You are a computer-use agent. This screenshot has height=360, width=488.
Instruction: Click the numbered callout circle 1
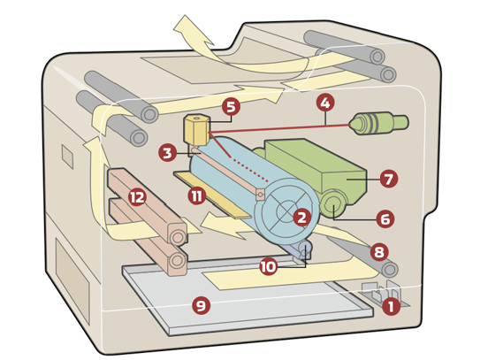pyautogui.click(x=391, y=306)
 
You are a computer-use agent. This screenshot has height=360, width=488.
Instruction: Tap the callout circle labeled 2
pyautogui.click(x=301, y=217)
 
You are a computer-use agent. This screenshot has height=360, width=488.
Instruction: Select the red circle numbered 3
pyautogui.click(x=167, y=153)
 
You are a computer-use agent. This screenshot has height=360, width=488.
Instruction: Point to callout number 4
pyautogui.click(x=325, y=103)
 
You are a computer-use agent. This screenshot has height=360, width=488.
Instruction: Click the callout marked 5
pyautogui.click(x=231, y=107)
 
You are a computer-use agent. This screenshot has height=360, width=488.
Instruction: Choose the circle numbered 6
pyautogui.click(x=385, y=219)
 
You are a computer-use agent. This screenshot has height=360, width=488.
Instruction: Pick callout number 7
pyautogui.click(x=389, y=179)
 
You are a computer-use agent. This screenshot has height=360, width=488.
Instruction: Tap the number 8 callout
pyautogui.click(x=379, y=251)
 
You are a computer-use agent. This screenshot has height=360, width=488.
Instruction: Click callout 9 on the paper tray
pyautogui.click(x=201, y=305)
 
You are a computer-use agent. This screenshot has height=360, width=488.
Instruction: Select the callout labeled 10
pyautogui.click(x=268, y=267)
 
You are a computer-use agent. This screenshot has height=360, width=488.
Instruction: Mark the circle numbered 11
pyautogui.click(x=196, y=196)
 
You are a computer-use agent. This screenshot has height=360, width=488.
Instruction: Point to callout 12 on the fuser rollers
pyautogui.click(x=138, y=197)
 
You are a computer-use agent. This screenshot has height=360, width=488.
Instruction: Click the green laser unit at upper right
pyautogui.click(x=378, y=123)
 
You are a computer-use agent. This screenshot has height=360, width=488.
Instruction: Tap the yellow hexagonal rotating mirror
pyautogui.click(x=196, y=129)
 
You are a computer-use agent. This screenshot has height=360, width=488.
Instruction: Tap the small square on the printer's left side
pyautogui.click(x=67, y=157)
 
